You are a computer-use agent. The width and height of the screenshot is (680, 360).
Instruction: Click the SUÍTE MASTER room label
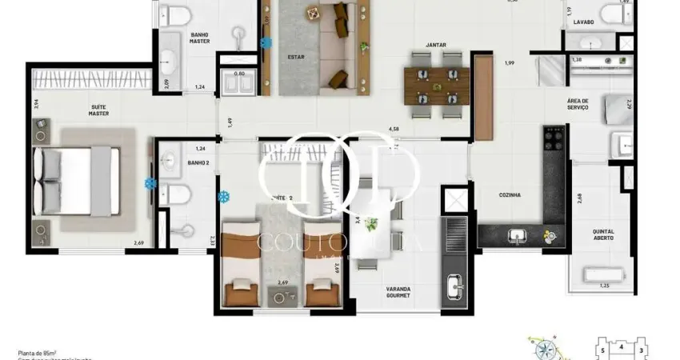coord(98,110)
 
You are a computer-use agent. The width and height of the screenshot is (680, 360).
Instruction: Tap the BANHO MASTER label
coord(200,38)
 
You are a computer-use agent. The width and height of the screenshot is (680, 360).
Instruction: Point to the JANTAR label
coord(436,46)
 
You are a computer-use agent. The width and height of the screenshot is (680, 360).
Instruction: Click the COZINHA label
coord(510,194)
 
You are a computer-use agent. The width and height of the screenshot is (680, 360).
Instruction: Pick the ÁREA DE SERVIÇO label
coord(578,104)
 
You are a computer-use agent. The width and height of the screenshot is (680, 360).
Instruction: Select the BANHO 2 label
coord(198,163)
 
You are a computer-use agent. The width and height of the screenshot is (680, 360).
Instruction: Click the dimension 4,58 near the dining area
coord(394,128)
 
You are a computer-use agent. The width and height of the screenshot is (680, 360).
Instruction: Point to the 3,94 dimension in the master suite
coord(34,102)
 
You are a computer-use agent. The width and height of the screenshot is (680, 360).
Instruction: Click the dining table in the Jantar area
coord(436,85)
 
